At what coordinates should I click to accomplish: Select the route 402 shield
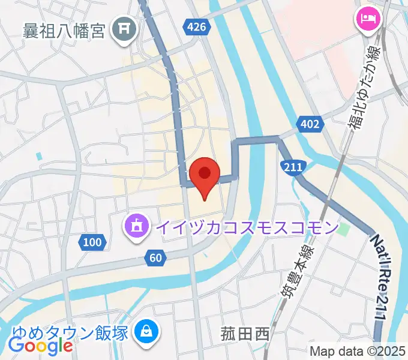(x=310, y=124)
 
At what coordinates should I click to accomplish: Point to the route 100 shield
(x=92, y=242)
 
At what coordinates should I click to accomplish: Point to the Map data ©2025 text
(x=358, y=351)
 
